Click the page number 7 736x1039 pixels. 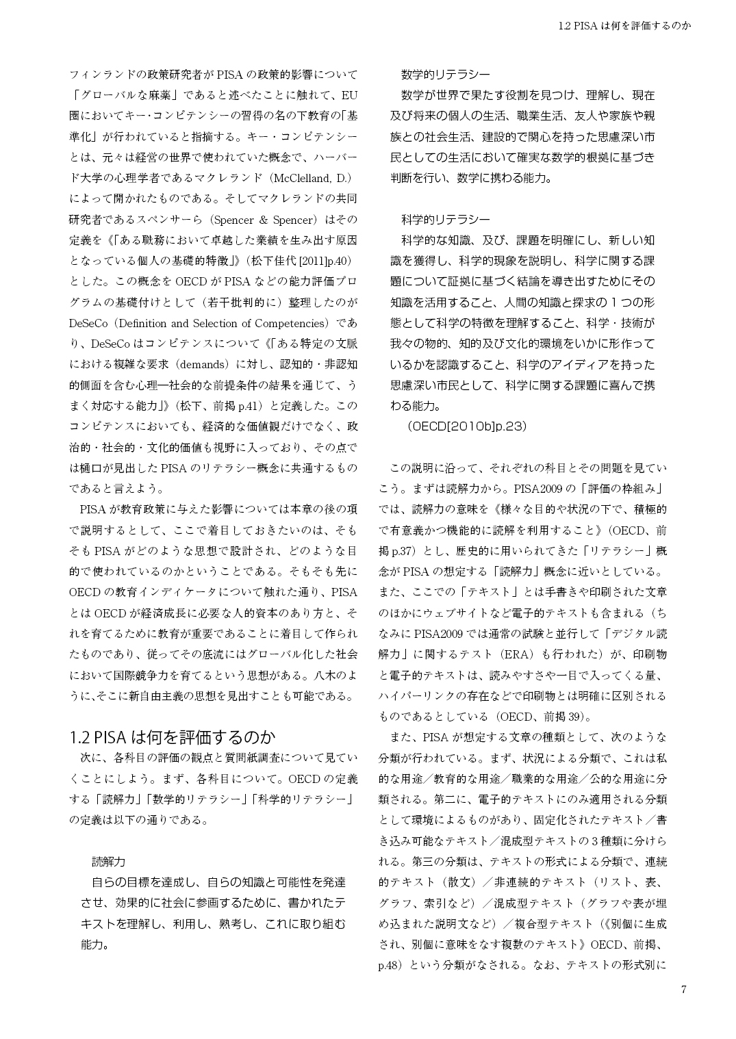[683, 989]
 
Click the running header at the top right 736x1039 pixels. [624, 26]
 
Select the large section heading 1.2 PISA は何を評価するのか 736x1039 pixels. [173, 737]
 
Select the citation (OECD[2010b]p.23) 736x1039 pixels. [466, 426]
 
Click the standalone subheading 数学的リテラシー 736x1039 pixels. [445, 74]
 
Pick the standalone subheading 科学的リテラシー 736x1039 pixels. [445, 220]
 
